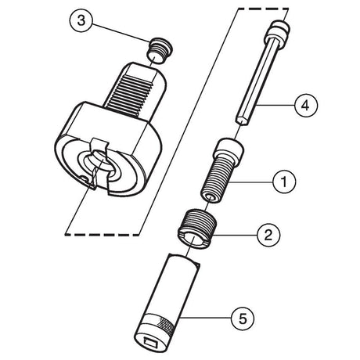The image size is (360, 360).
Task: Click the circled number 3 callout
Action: (x=81, y=20)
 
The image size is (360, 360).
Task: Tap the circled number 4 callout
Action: (x=305, y=106)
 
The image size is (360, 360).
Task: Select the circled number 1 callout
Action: (x=284, y=182)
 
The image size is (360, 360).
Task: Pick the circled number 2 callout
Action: (x=268, y=235)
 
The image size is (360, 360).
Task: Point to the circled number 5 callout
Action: (x=243, y=319)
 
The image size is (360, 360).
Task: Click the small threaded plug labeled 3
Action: (x=159, y=50)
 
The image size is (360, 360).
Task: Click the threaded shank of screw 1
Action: (x=216, y=179)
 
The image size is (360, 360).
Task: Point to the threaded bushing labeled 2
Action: (x=197, y=228)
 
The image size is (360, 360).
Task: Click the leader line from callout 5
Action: (x=206, y=318)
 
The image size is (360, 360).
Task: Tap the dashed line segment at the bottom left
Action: (x=102, y=235)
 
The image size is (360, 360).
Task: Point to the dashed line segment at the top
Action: (x=263, y=9)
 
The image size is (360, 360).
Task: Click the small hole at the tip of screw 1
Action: (x=211, y=196)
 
